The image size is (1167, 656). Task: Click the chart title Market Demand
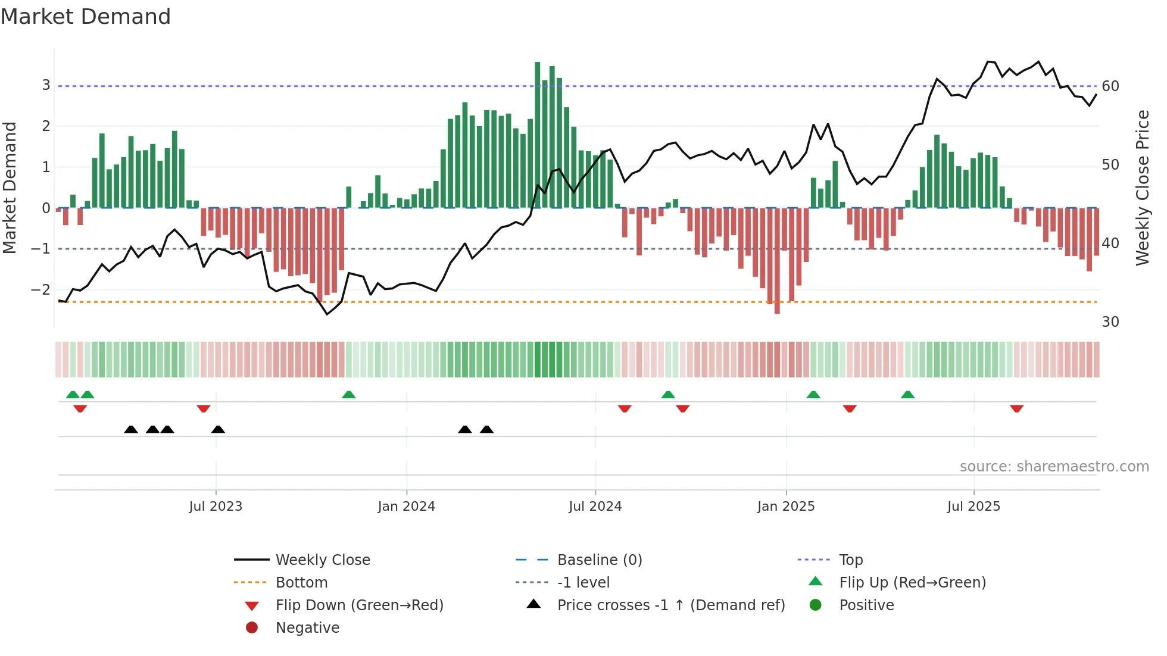(x=86, y=17)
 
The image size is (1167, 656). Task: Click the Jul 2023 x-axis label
(x=216, y=507)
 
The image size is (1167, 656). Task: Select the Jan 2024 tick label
(x=406, y=507)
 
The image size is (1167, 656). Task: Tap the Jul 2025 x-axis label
(x=973, y=507)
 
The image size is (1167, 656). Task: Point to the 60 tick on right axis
(x=1110, y=86)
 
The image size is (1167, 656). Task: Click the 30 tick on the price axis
(x=1110, y=322)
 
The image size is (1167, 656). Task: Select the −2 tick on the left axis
(x=40, y=290)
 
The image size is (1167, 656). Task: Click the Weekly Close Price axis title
(x=1142, y=188)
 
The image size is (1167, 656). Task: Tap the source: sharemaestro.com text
(x=1054, y=467)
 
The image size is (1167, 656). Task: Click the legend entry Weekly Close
(x=322, y=560)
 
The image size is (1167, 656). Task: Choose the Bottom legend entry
(x=301, y=583)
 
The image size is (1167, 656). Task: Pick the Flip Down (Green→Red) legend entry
(x=359, y=605)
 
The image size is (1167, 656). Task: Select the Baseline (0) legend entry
(x=599, y=560)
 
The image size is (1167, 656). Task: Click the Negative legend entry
(x=307, y=628)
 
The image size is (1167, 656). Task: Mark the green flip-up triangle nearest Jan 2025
(x=813, y=395)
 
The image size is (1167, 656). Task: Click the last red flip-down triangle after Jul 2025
(x=1016, y=408)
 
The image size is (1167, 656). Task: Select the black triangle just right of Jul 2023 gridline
(x=219, y=429)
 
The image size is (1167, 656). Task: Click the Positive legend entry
(x=866, y=605)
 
